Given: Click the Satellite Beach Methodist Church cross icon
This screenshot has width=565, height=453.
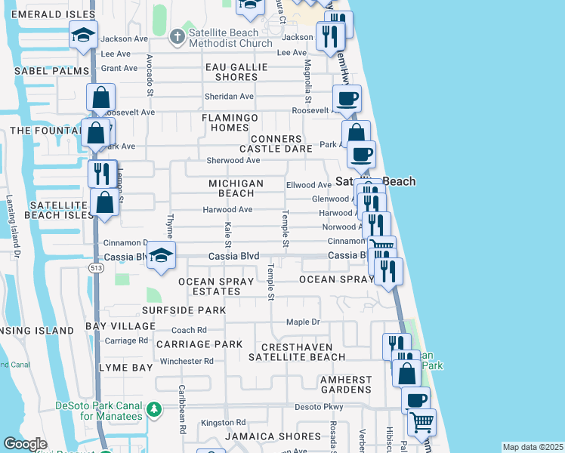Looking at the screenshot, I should [x=176, y=35].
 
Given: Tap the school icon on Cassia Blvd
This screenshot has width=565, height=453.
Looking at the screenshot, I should [x=161, y=255].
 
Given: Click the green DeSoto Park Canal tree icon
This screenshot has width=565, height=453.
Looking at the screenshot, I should [x=153, y=408].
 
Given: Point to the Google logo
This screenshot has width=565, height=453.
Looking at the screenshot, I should [x=25, y=444].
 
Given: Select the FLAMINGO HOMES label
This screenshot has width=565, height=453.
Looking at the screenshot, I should [x=230, y=123].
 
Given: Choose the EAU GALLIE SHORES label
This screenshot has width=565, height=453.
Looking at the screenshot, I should [x=236, y=72].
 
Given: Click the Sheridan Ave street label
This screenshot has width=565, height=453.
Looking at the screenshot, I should [x=230, y=97].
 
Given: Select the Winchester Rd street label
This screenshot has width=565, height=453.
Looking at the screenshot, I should [x=187, y=361].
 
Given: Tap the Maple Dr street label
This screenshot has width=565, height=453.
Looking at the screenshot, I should [x=304, y=322].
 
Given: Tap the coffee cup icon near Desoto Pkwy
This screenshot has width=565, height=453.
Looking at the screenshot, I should [x=415, y=399].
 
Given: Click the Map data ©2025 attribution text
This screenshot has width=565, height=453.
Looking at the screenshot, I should [x=533, y=447].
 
